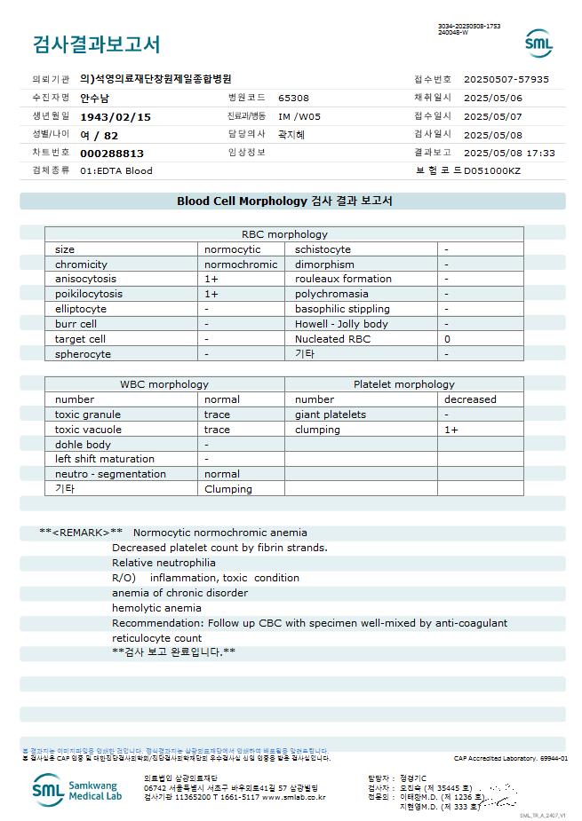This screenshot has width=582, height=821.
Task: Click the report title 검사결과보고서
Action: point(96,44)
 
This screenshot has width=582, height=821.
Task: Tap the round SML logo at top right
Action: point(538,43)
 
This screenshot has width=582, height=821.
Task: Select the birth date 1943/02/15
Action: point(116,116)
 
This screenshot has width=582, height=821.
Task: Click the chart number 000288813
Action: point(112,153)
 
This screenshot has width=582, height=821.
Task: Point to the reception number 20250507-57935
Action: point(506,79)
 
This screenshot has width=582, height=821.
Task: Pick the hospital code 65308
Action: point(293,98)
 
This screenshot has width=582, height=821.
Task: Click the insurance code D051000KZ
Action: point(492,170)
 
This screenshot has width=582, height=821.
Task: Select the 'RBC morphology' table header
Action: point(284,234)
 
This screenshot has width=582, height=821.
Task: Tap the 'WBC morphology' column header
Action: point(164,384)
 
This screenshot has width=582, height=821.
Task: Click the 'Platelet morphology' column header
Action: point(403,384)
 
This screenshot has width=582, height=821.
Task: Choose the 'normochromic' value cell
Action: point(241,264)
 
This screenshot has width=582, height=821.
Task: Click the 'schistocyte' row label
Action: point(323,249)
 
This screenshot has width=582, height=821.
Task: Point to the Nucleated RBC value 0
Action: point(447,339)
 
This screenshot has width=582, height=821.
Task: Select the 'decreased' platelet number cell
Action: point(470,399)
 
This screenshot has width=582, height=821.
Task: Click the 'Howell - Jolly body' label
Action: point(341,324)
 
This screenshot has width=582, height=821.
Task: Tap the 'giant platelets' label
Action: point(330,414)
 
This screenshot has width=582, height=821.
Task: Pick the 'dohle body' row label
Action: point(83,444)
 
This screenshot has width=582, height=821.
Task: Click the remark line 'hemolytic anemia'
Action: point(156,608)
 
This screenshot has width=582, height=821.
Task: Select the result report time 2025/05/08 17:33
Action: point(509,153)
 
